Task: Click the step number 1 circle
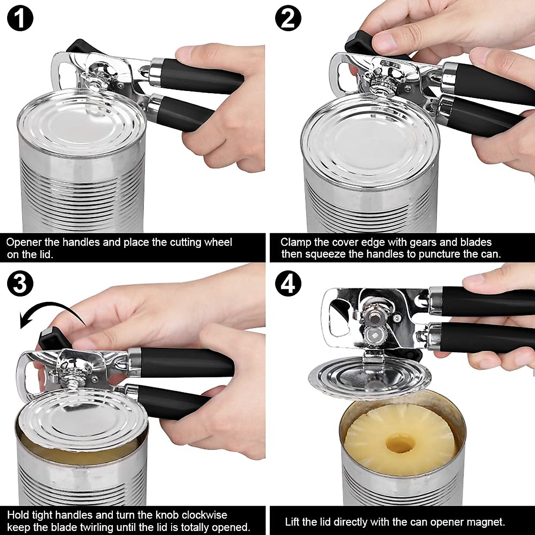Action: point(20,19)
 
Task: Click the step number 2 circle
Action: point(288,19)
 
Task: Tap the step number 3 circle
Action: point(20,284)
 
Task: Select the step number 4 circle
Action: point(288,284)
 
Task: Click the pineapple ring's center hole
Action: point(399,442)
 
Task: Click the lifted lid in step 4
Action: point(370,377)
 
